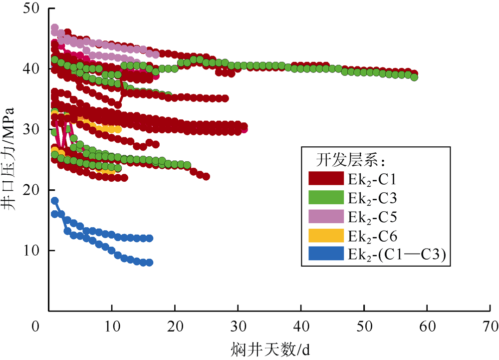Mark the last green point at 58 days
[414, 77]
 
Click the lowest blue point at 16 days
[149, 263]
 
